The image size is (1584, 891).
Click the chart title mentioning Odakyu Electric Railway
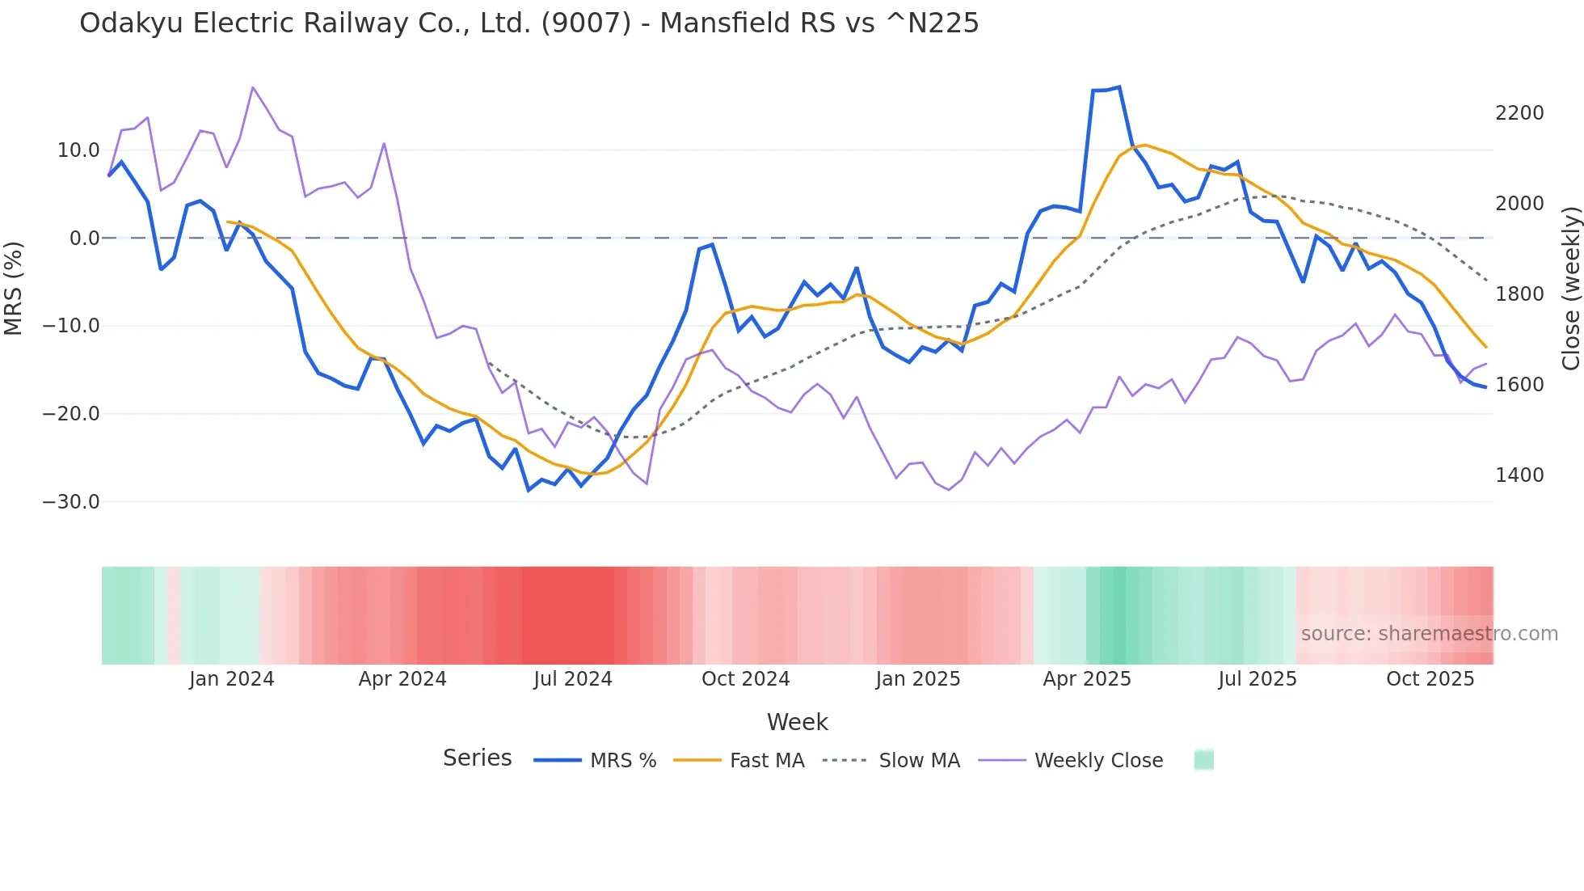click(x=529, y=23)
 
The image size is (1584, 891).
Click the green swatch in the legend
click(x=1203, y=760)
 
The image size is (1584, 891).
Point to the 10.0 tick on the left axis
click(x=78, y=150)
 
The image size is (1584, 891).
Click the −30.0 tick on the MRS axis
click(x=71, y=502)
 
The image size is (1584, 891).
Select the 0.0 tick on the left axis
click(x=84, y=239)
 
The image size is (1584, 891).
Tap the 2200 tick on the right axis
click(x=1519, y=113)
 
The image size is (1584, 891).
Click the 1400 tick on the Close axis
click(x=1519, y=475)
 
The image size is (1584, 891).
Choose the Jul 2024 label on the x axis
click(x=572, y=679)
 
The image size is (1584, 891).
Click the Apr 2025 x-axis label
click(x=1086, y=679)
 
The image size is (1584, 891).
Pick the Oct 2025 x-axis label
click(x=1430, y=679)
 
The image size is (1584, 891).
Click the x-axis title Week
click(x=797, y=722)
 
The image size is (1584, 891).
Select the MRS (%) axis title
click(x=14, y=289)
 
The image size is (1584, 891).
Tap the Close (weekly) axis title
click(x=1570, y=289)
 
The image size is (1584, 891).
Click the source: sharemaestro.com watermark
click(x=1429, y=634)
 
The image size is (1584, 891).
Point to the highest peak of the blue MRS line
click(x=1118, y=87)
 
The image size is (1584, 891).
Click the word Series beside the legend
click(x=477, y=758)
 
